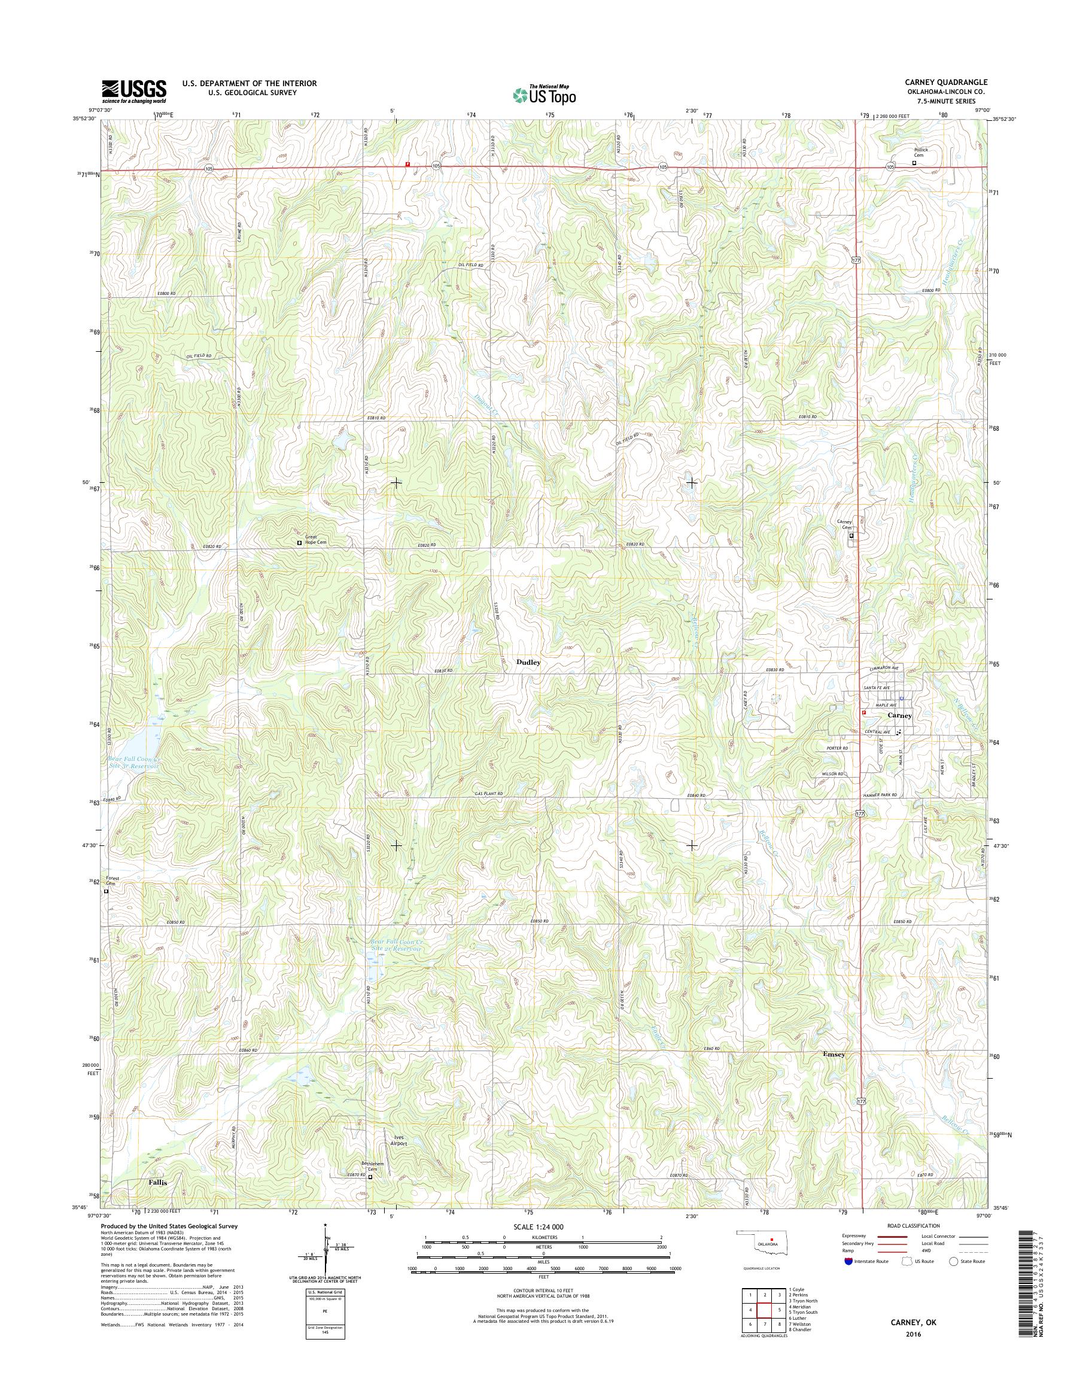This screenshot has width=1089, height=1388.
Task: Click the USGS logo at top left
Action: (x=134, y=90)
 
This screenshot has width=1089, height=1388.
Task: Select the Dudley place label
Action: (x=528, y=662)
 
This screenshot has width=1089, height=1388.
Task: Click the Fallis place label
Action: (x=158, y=1182)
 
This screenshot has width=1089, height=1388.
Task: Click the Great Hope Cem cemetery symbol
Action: (x=300, y=543)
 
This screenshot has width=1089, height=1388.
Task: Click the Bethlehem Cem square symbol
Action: (x=370, y=1177)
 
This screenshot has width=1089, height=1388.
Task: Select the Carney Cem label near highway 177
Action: (x=844, y=525)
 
